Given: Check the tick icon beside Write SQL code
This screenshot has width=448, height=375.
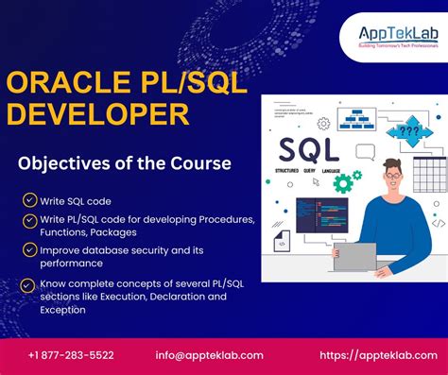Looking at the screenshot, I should [30, 200].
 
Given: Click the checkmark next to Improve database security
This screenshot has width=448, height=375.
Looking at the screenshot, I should [30, 249].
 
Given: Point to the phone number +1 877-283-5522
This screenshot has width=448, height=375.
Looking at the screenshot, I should [71, 355].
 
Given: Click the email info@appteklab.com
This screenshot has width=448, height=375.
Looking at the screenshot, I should [209, 355].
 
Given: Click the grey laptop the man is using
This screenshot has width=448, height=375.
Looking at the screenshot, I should [354, 255].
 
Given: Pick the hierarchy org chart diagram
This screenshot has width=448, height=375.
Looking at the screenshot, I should [356, 118].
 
